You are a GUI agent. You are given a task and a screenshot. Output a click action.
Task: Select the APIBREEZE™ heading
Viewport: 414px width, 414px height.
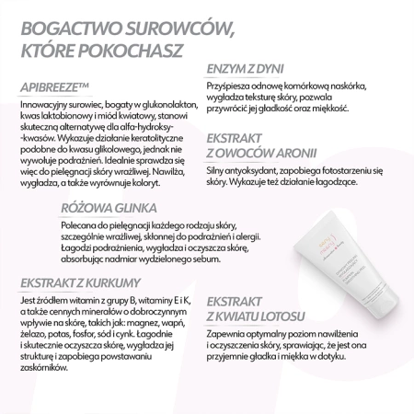(x=54, y=87)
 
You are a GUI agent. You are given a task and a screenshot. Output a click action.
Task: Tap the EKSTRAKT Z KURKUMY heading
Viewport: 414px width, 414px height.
(x=83, y=282)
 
